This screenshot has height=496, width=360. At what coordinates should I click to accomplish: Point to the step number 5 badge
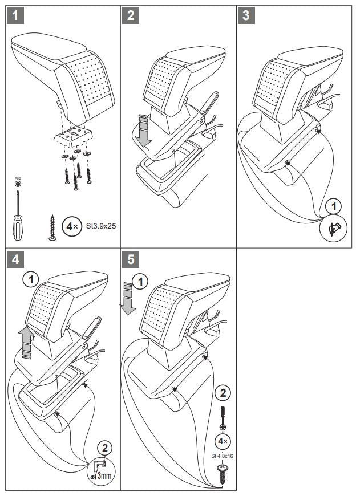click(x=131, y=259)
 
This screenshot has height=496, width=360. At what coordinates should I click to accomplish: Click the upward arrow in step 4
click(x=24, y=342)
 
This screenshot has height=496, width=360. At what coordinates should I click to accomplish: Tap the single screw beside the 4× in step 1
click(x=53, y=229)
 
